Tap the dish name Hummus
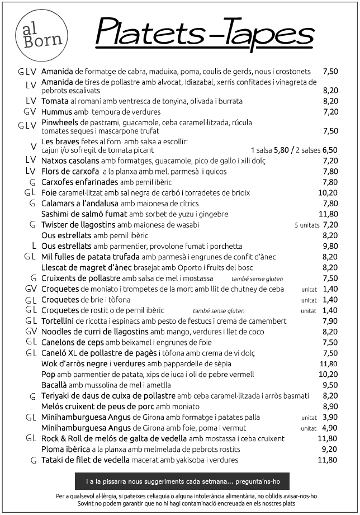point(56,112)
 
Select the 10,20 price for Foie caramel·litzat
point(328,193)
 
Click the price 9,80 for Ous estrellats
point(330,246)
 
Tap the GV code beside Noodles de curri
point(31,332)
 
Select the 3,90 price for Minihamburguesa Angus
point(330,418)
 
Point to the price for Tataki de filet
point(328,460)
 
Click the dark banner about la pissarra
point(182,481)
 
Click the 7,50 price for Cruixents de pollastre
point(330,278)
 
